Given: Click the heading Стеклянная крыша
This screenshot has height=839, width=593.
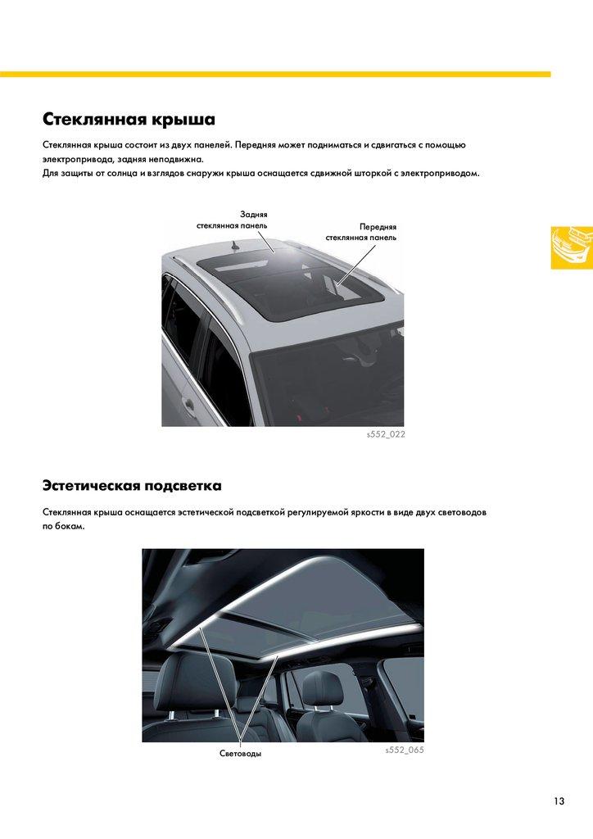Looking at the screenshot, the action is click(129, 119).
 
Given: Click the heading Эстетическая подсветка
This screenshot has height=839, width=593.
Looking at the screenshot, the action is click(132, 486).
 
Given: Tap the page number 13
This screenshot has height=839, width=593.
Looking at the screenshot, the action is click(559, 801).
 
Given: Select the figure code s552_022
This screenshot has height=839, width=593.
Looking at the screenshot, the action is click(386, 434).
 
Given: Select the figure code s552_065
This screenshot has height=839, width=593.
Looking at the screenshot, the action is click(405, 751).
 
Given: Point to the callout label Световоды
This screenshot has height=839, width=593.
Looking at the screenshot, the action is click(241, 754).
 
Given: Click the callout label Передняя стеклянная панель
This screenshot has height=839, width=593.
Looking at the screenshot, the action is click(361, 232).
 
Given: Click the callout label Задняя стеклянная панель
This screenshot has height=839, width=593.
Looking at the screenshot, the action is click(232, 220).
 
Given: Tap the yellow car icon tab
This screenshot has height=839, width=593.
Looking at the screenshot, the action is click(573, 247).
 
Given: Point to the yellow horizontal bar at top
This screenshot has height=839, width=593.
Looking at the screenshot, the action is click(275, 75).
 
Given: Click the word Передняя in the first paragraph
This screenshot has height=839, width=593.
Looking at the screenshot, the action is click(255, 145).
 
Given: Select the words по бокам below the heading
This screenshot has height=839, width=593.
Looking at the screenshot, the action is click(64, 527).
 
